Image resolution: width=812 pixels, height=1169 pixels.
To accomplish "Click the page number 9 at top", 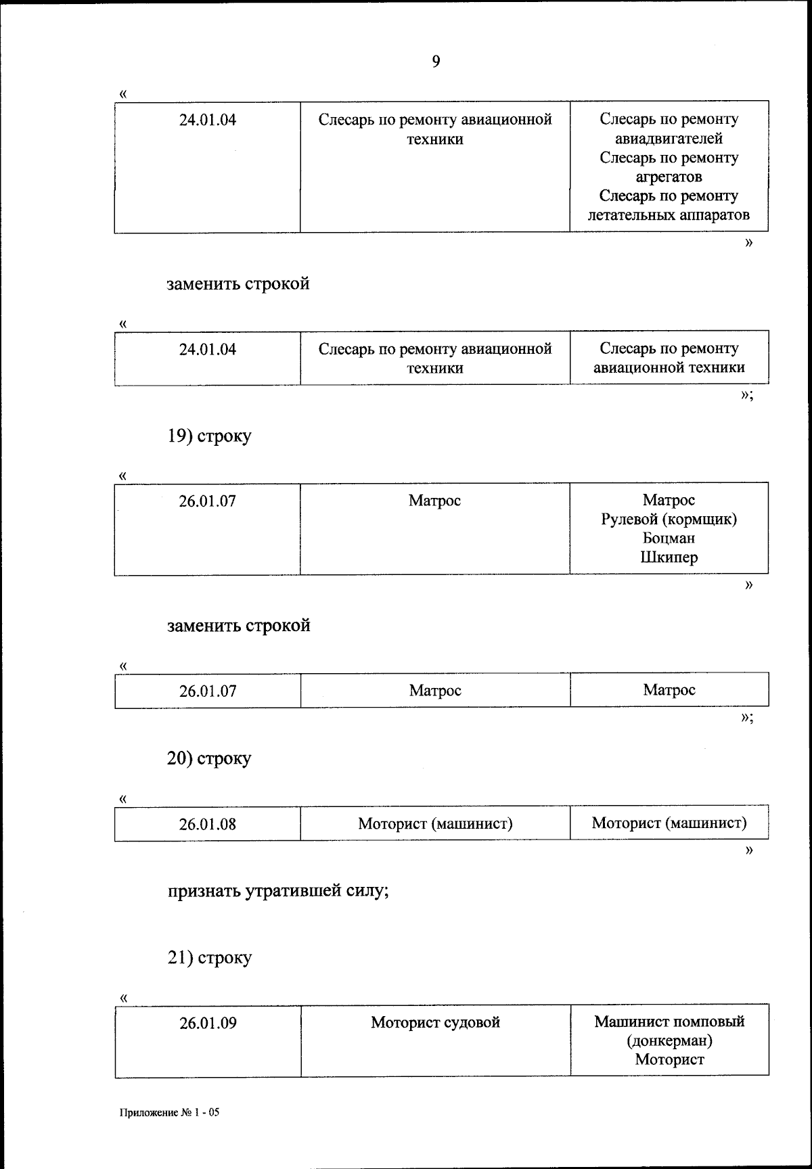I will coord(435,62).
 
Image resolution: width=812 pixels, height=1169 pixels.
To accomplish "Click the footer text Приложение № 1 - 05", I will coord(169,1113).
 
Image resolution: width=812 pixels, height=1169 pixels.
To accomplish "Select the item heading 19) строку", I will coord(209,436).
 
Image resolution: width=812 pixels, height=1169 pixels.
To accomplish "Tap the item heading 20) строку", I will coord(209,758).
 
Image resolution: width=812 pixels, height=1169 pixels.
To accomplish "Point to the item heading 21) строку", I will coord(209,958).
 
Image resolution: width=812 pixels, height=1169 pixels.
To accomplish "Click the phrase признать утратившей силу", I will coord(277,891).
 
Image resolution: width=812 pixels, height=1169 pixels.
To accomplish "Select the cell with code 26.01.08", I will coord(207,824).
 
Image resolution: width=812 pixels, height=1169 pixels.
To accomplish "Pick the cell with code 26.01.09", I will coord(208,1023).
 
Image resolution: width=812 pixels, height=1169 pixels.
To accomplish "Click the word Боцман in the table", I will coord(669,538).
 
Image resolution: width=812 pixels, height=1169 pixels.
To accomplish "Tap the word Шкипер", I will coord(669,557).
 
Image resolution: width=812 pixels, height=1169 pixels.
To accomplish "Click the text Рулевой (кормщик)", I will coord(669,520).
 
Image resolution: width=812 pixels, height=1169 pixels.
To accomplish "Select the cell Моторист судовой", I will coord(435,1022).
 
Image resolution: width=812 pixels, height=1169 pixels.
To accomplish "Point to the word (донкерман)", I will coord(669,1040).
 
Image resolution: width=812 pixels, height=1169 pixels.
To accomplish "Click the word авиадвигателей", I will coord(669,139).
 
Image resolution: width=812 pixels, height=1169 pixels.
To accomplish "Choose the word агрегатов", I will coord(669,177).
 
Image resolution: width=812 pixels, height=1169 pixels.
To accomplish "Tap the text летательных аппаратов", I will coord(669,215).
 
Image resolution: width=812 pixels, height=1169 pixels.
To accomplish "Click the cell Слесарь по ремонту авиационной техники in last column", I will coord(669,358).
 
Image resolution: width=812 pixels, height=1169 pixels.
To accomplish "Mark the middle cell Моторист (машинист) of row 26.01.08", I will coord(435,824).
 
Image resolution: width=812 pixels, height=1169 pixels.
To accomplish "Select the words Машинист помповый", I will coord(669,1022).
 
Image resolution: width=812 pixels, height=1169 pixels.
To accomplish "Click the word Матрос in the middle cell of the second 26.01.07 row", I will coord(435,691).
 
